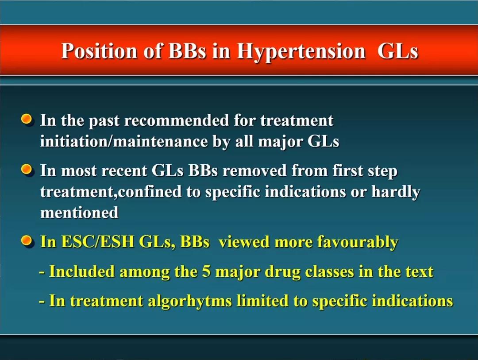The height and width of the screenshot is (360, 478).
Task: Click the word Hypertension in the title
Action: tap(301, 51)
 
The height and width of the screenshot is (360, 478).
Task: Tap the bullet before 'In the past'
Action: tap(27, 119)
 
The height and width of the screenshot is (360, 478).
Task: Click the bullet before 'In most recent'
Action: tap(27, 169)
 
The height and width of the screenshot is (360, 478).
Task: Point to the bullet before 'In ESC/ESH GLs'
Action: tap(27, 241)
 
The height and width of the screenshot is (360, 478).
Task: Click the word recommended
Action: tap(177, 120)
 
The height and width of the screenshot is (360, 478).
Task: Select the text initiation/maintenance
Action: tap(124, 141)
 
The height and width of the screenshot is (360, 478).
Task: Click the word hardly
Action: tap(396, 192)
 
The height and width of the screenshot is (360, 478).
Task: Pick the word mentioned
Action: tap(79, 213)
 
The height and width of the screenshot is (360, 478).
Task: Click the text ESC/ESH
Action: tap(97, 242)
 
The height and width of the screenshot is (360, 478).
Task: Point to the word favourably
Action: tap(358, 242)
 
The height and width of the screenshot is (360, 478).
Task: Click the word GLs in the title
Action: tap(397, 50)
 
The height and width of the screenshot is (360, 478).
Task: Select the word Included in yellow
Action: tap(82, 271)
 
